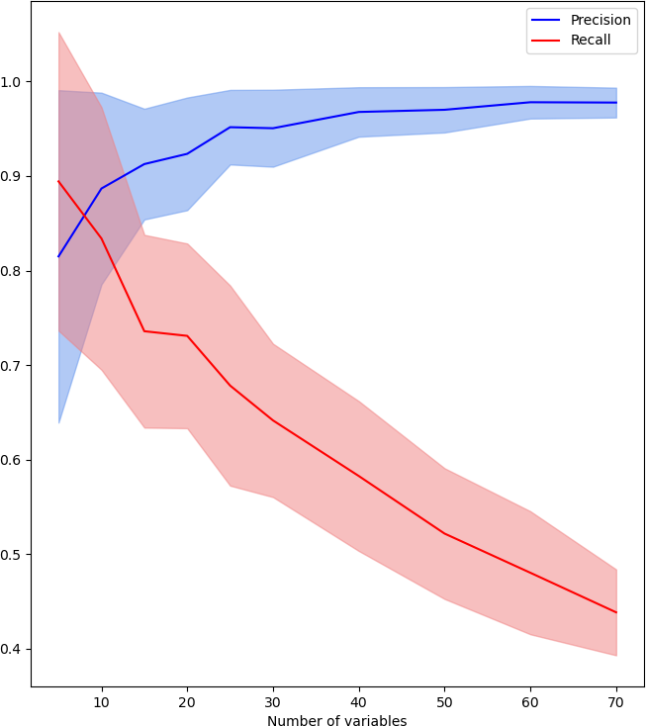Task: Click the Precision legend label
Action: point(600,21)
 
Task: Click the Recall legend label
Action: point(591,41)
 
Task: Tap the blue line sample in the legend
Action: point(546,21)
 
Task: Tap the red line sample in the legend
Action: point(546,41)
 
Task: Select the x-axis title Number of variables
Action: point(336,721)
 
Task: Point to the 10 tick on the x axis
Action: point(101,701)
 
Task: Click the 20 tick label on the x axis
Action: point(187,701)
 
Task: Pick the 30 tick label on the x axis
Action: point(273,701)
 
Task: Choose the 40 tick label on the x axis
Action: point(359,701)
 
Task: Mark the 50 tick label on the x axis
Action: point(445,701)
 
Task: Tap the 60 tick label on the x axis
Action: point(530,701)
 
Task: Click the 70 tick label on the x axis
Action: point(616,701)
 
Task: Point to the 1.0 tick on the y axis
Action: point(14,82)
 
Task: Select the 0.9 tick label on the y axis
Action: point(14,176)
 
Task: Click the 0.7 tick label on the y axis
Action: point(14,366)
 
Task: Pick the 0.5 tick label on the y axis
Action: point(14,555)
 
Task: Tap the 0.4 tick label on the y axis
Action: point(14,650)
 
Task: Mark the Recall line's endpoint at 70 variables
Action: point(616,612)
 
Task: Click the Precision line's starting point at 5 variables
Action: point(58,256)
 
